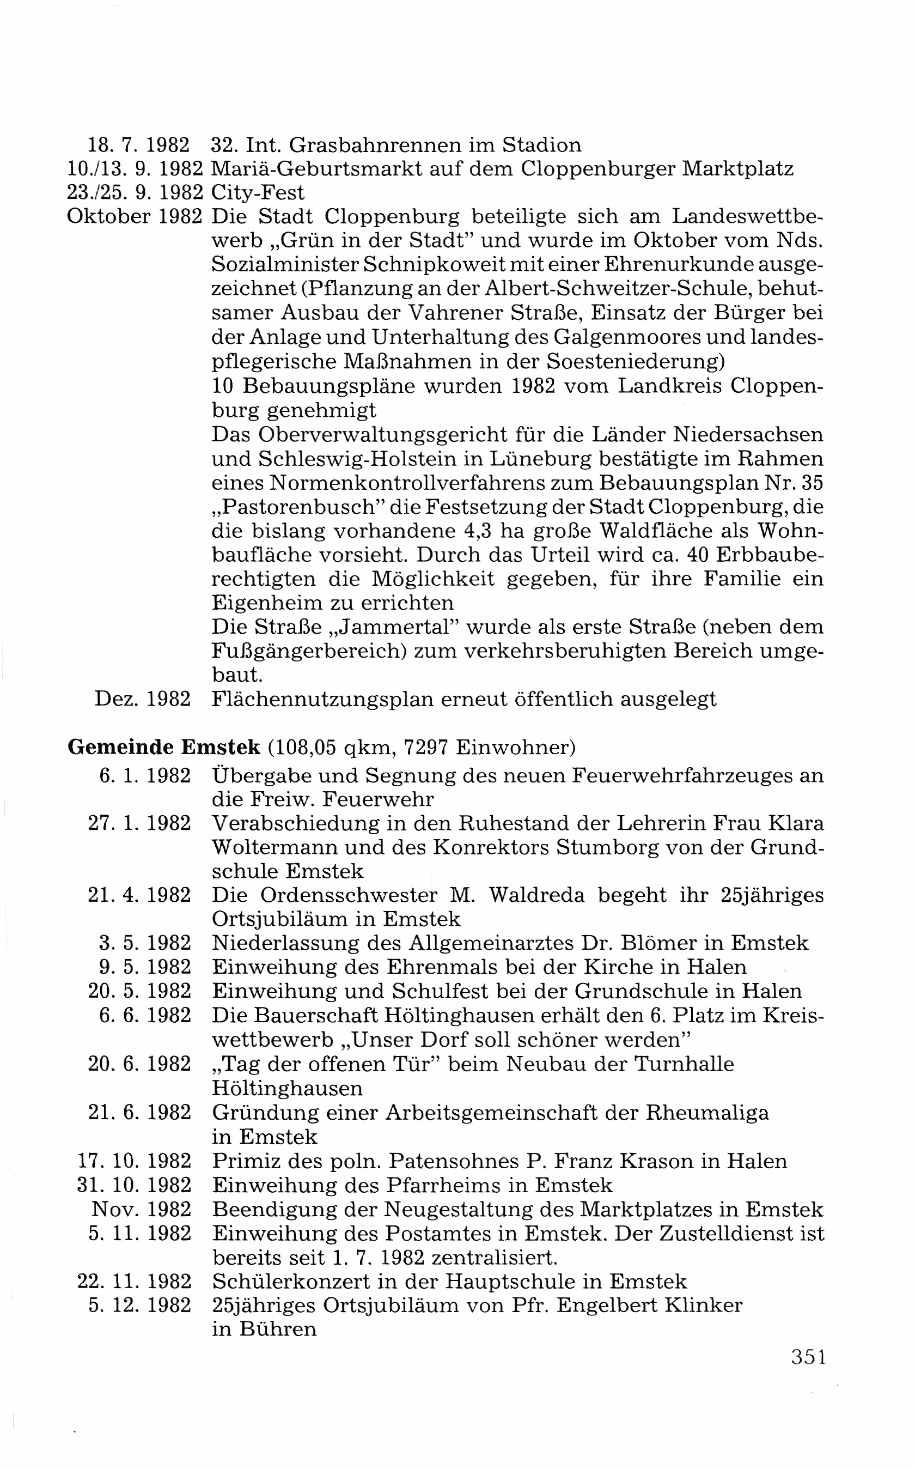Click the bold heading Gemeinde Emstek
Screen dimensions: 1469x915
pyautogui.click(x=163, y=748)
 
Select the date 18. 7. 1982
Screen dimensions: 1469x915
pyautogui.click(x=138, y=145)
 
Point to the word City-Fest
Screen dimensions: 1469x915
pyautogui.click(x=258, y=193)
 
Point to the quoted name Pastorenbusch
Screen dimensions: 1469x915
pyautogui.click(x=300, y=507)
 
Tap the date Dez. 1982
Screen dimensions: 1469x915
pyautogui.click(x=143, y=699)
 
